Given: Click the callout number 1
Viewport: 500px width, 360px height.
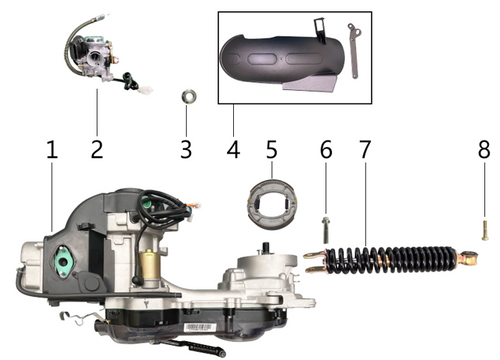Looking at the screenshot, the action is coord(52,150).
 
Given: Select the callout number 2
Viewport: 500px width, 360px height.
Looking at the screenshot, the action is coord(97,150).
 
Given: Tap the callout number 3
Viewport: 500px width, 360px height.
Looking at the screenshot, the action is coord(186,150).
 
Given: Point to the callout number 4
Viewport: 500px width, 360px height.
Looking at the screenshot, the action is coord(233,150).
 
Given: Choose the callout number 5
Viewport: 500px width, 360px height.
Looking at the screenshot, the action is coord(272,150).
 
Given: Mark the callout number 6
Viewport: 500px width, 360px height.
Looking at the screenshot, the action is coord(326,150).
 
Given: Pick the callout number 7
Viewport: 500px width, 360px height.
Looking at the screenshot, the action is coord(365,150).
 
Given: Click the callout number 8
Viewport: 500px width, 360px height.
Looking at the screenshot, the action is coord(484,150).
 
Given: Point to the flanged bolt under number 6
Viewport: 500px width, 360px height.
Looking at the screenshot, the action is coord(326,230).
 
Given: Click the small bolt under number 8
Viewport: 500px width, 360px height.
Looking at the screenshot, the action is coord(485,231).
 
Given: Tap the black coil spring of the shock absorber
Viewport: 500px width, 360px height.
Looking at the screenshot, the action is coord(390,260).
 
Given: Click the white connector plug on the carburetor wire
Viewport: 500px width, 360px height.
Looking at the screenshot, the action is coord(146,89).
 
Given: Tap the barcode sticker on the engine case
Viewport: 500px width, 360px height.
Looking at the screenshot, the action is coord(199,328).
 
